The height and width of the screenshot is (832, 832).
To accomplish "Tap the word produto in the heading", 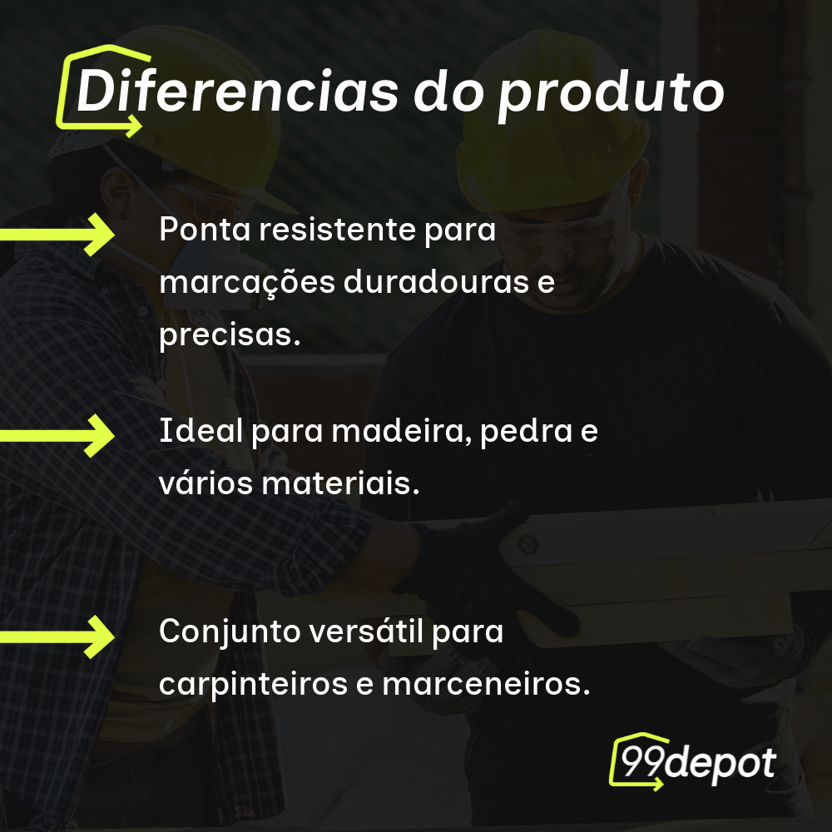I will tap(611, 93).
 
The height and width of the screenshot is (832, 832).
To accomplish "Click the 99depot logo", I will tap(693, 762).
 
